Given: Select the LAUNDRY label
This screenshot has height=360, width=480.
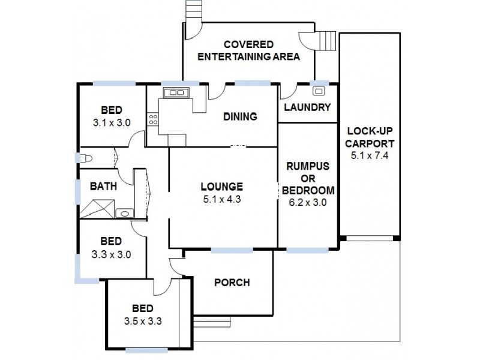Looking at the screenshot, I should (307, 108).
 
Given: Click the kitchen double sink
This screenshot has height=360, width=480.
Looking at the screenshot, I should (176, 92).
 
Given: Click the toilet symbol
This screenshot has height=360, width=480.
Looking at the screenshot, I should (85, 158).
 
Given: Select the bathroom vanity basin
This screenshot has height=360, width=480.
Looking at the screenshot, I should (124, 212).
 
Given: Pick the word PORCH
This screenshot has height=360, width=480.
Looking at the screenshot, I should (232, 283).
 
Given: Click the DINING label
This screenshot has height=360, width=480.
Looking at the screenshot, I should (240, 116).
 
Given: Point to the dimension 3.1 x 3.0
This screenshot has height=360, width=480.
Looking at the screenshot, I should (112, 122).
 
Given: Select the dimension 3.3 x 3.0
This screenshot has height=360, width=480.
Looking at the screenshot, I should (112, 254).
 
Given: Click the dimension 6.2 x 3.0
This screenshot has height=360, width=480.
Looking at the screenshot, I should (307, 202).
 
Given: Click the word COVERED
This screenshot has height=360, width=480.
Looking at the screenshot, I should (248, 45).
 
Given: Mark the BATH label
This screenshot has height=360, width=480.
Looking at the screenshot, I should (103, 186).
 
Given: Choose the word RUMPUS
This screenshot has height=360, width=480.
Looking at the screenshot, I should (307, 166).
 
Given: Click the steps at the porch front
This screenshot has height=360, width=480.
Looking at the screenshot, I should (204, 322).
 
